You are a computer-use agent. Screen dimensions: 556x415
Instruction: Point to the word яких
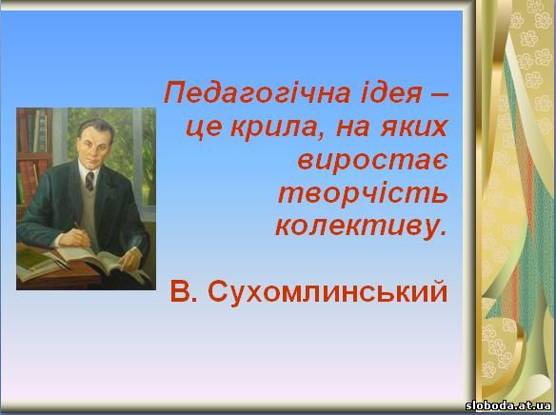pos(413,128)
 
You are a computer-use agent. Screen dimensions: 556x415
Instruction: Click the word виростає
pos(372,162)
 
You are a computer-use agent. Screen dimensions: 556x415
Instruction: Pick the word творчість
pos(363,194)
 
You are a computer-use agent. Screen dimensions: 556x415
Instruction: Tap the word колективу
pos(361,227)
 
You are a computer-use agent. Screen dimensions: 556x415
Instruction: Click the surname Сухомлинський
pos(328,292)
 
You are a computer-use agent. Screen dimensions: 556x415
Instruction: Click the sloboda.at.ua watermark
pos(508,405)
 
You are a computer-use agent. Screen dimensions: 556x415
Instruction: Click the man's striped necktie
pos(89,181)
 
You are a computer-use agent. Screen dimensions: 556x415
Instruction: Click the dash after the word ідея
pos(439,95)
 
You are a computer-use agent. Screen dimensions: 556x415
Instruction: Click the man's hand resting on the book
pos(129,259)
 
